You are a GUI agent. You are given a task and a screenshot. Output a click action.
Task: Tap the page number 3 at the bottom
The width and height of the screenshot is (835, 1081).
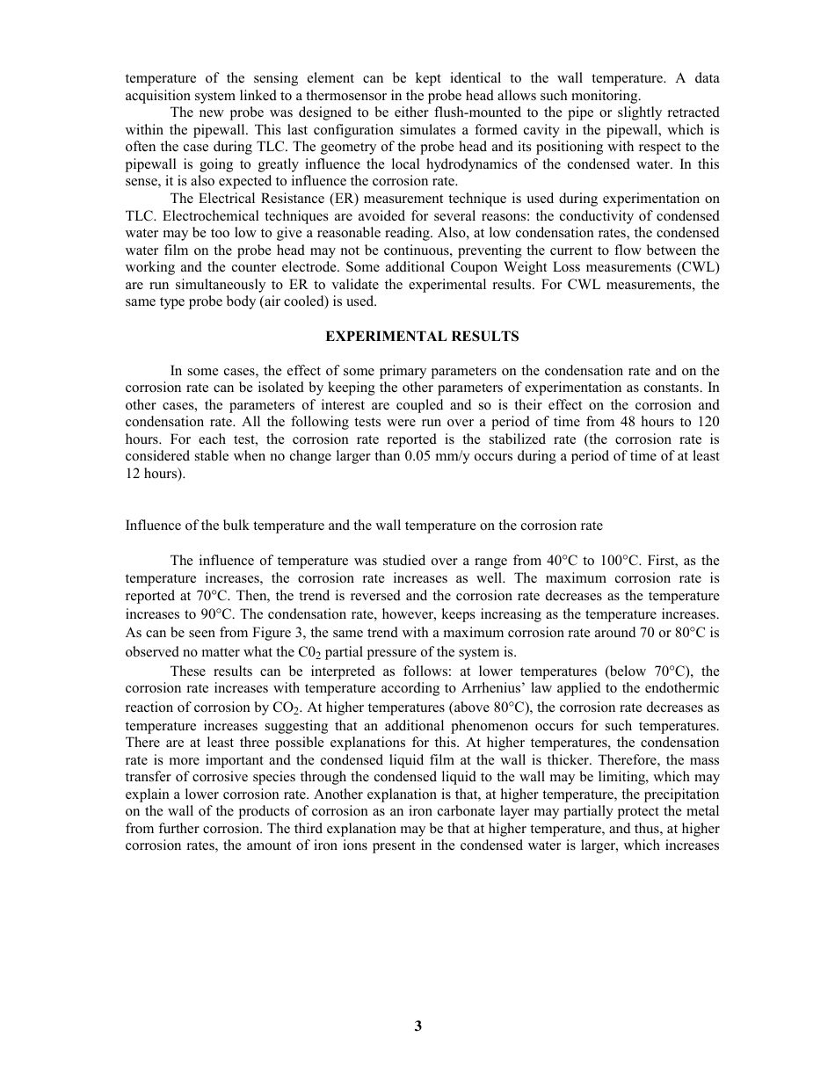pos(418,1026)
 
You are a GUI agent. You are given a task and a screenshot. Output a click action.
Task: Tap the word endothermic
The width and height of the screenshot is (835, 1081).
pos(680,688)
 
